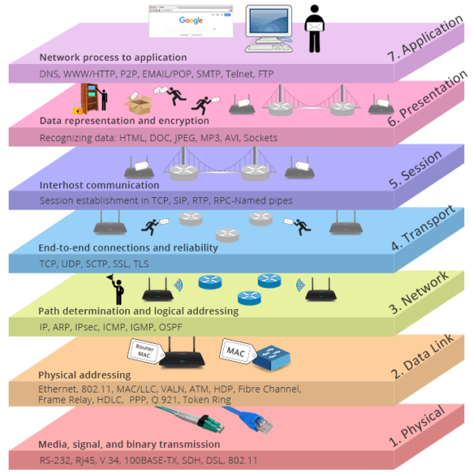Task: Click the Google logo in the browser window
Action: tap(190, 20)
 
